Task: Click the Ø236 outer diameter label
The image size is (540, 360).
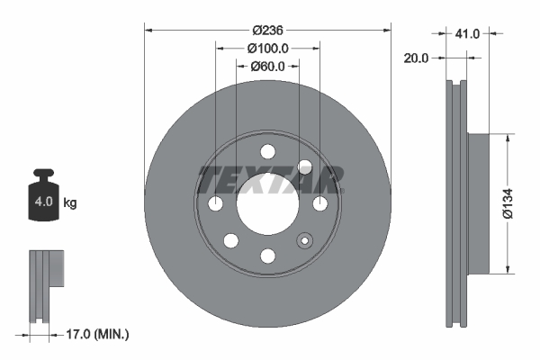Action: tap(267, 30)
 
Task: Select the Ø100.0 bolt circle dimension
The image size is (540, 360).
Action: tap(267, 48)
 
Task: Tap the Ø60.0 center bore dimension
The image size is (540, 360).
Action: tap(267, 66)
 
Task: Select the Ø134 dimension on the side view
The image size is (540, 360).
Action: tap(509, 204)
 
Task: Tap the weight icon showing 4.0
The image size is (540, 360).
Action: tap(43, 198)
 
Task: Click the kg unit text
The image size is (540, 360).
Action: tap(70, 202)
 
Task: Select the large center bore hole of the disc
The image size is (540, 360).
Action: tap(267, 205)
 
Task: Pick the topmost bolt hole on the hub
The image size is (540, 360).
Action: tap(267, 152)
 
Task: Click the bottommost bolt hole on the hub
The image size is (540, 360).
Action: tap(267, 257)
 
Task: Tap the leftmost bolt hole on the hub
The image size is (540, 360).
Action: tap(215, 205)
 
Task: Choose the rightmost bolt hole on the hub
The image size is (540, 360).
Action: tap(319, 205)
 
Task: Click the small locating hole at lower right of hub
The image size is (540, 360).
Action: tap(305, 240)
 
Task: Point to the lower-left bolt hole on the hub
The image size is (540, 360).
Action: tap(230, 241)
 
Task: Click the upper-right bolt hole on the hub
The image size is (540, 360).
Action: tap(304, 167)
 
